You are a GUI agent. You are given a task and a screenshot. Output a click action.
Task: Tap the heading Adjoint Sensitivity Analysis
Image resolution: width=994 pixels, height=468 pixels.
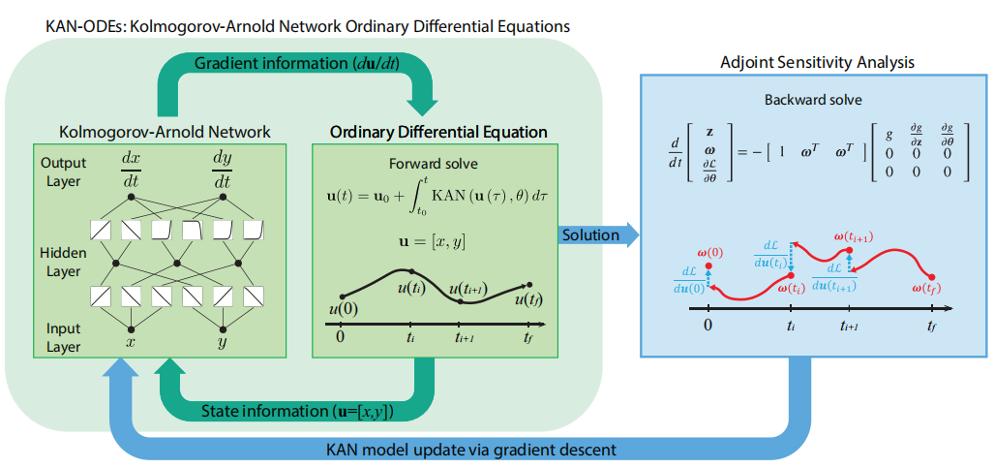point(817,63)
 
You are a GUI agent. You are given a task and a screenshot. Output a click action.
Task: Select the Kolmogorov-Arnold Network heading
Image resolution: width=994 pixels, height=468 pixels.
point(165,131)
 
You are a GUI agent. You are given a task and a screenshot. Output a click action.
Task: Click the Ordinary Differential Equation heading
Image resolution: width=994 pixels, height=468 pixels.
point(438,131)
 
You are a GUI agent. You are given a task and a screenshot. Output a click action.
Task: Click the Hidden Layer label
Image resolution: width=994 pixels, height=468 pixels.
point(64,261)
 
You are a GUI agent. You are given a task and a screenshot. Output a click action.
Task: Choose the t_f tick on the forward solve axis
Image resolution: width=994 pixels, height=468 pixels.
point(527,337)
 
